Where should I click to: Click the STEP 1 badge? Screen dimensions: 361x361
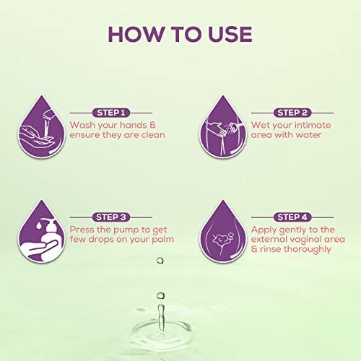(111, 113)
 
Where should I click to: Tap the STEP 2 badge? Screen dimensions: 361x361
(292, 113)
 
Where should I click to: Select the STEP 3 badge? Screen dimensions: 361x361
(111, 217)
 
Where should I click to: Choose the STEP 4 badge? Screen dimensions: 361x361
(292, 217)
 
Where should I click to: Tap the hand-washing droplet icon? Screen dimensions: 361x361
(42, 127)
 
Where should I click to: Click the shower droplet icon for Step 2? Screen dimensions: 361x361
(223, 127)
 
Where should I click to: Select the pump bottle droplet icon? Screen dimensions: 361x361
(42, 231)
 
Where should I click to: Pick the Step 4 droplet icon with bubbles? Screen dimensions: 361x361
(223, 231)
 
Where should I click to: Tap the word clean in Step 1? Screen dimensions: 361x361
(153, 135)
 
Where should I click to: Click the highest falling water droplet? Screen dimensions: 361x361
(160, 260)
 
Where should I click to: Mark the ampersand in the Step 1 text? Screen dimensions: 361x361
(152, 125)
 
